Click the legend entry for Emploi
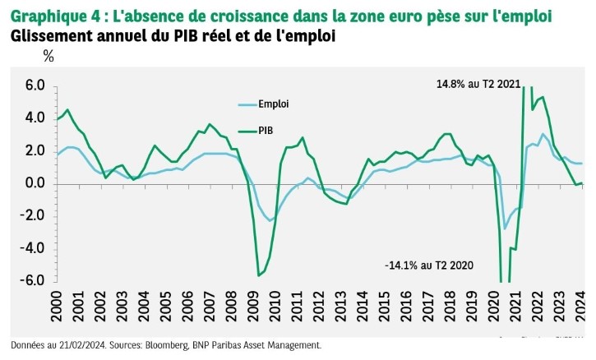tap(272, 104)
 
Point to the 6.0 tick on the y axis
tap(34, 85)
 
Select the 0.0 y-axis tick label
tap(34, 182)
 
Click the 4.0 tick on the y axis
tap(34, 118)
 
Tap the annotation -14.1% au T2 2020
tap(429, 265)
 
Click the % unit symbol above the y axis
tap(48, 57)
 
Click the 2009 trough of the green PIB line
tap(259, 275)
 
